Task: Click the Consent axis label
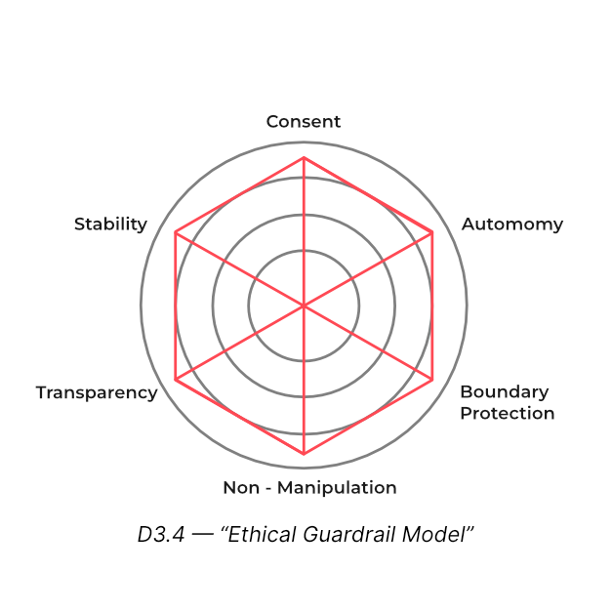pos(304,122)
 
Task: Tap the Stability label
pos(110,224)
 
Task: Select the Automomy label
pos(511,224)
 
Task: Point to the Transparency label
pos(97,392)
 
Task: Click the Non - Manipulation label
pos(309,488)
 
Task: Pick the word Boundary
pos(504,392)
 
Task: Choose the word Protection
pos(507,413)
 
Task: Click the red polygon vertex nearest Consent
pos(304,157)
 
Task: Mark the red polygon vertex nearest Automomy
pos(432,232)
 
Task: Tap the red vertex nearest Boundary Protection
pos(432,379)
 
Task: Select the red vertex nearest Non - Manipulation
pos(304,454)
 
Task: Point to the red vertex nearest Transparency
pos(176,379)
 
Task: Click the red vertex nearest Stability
pos(176,232)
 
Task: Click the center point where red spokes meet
pos(304,306)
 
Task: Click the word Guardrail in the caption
pos(354,536)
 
